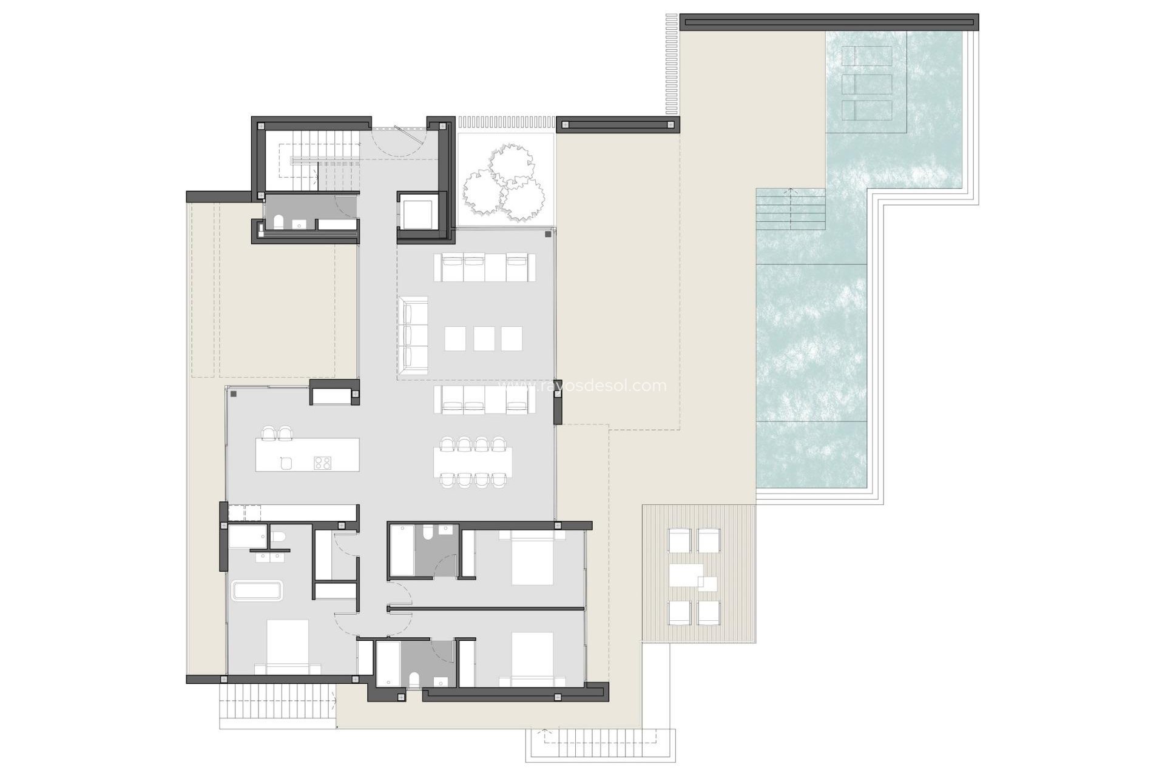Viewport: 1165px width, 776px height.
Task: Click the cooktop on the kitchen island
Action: coord(322,463)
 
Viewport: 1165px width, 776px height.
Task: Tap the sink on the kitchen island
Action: coord(286,463)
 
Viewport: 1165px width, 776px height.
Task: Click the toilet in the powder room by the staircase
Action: coord(279,222)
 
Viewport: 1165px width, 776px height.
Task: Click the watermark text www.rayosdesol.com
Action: coord(582,386)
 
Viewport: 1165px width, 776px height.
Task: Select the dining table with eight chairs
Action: coord(473,463)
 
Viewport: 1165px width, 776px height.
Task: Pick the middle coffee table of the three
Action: coord(484,338)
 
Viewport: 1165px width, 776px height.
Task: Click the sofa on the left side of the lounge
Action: coord(413,332)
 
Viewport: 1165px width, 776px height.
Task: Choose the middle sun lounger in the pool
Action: coord(867,84)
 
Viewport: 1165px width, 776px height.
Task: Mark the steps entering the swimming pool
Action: coord(790,209)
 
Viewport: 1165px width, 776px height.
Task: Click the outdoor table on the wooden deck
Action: coord(686,575)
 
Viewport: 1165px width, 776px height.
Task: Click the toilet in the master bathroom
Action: coord(278,538)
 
